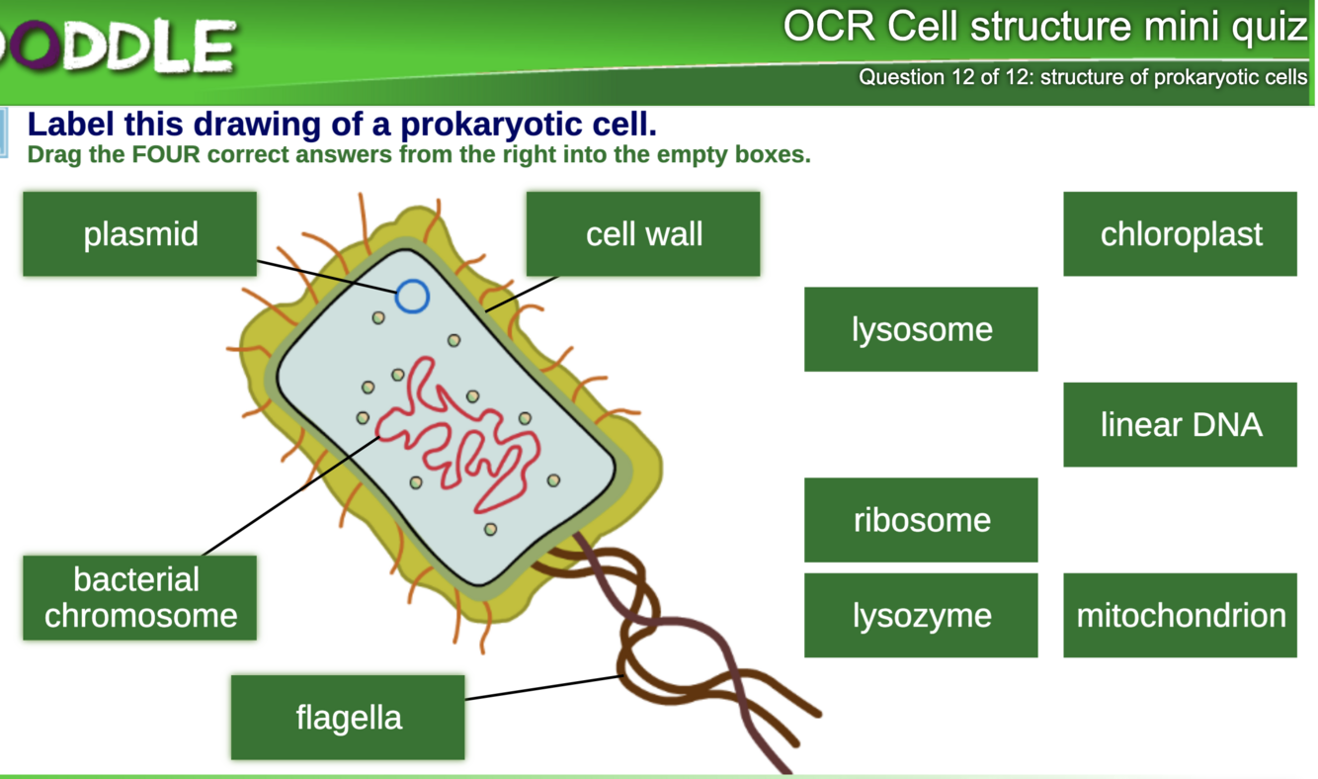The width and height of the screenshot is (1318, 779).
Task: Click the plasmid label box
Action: pos(139,234)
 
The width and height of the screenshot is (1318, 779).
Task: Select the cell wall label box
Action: pos(643,234)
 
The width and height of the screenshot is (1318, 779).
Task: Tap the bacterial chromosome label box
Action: pos(139,597)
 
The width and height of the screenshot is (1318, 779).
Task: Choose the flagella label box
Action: pos(348,717)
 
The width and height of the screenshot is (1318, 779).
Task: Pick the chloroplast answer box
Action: pos(1180,234)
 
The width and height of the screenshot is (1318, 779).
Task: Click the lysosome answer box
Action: pos(921,329)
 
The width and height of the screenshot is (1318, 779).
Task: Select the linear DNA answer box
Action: pos(1180,424)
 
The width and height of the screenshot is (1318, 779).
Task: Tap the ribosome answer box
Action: pos(921,520)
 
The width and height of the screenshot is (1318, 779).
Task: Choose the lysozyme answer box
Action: pos(921,615)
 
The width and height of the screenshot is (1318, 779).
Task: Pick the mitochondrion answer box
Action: pos(1180,615)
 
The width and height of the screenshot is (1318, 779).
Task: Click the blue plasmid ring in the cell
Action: pos(412,296)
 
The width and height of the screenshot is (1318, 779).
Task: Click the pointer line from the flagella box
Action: pos(543,687)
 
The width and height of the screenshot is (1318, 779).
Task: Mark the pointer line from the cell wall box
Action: pos(522,293)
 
